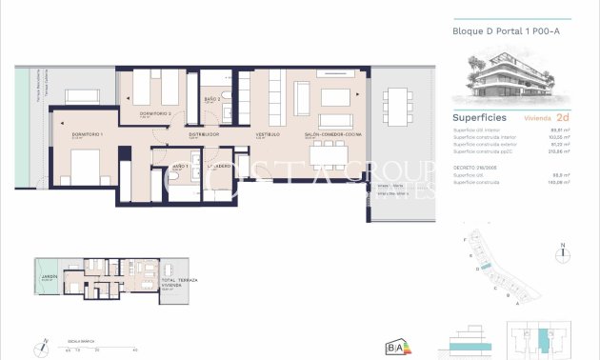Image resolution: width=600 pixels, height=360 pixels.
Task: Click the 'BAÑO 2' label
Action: coord(212,99)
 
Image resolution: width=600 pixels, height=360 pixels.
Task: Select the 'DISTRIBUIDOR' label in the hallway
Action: coord(204,134)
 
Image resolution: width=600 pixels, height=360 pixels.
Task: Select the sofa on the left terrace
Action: coord(83,94)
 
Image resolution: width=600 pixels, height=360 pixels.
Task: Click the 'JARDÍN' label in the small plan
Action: coord(49,278)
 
